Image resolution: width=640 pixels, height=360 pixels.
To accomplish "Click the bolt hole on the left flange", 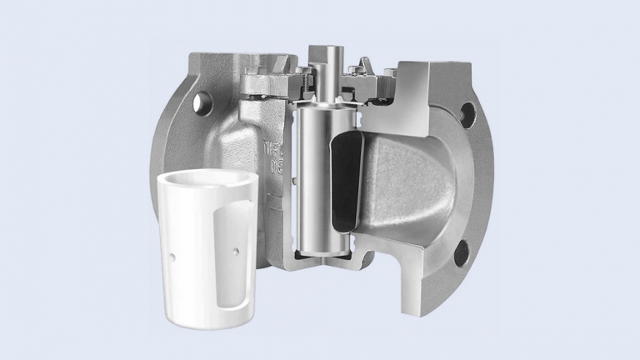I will click(x=201, y=102).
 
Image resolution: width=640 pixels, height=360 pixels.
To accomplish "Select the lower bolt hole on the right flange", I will click(x=461, y=252).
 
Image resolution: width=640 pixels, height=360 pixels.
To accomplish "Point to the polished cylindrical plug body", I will click(x=313, y=183).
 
